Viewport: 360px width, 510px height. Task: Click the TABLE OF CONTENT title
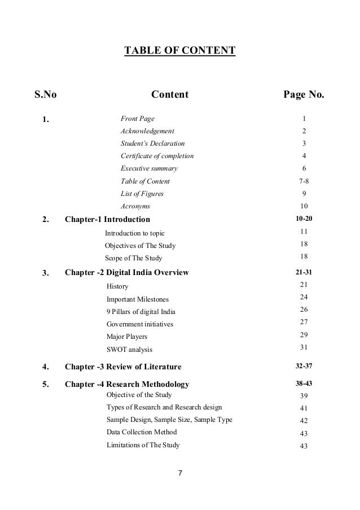point(179,52)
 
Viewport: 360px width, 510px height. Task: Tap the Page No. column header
point(304,94)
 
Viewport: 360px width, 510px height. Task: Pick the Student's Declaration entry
point(152,143)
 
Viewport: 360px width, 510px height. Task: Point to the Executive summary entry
point(149,168)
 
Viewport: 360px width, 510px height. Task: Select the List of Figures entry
point(142,194)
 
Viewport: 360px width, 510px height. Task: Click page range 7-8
point(304,181)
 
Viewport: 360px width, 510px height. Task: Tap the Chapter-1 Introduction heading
point(108,219)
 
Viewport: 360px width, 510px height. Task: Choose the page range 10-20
point(304,219)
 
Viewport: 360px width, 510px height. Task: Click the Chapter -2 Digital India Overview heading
point(126,273)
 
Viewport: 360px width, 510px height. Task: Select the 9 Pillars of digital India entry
point(141,312)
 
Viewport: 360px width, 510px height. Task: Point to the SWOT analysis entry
point(129,350)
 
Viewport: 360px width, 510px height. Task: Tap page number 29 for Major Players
point(304,336)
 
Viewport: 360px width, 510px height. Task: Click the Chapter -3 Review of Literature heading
point(123,367)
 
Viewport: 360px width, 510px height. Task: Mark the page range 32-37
point(304,367)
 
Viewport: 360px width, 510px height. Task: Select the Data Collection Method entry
point(142,432)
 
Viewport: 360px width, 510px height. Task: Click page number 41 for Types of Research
point(304,407)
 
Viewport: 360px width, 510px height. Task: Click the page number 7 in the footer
point(180,472)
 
